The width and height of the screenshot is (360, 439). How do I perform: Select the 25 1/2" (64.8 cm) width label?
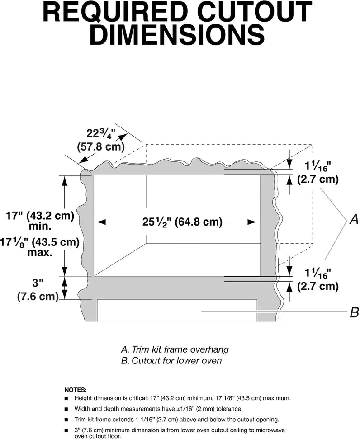click(x=176, y=222)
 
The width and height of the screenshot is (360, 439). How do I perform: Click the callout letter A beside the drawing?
click(x=354, y=220)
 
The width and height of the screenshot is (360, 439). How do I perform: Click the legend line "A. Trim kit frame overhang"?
click(x=174, y=349)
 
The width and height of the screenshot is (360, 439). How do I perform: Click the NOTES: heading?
click(x=76, y=389)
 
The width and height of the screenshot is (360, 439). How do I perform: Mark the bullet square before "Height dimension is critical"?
click(x=66, y=398)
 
